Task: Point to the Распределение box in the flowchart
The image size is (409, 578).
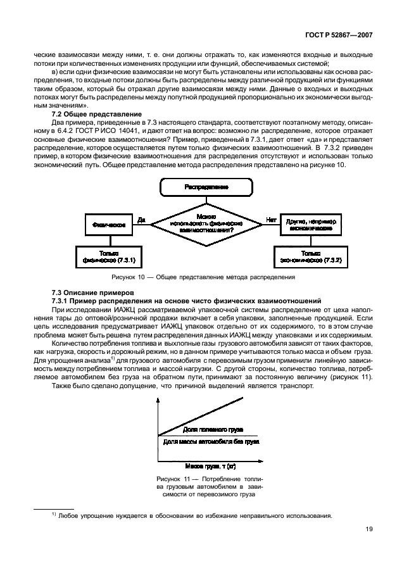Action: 206,187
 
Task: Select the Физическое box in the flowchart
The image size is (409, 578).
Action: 108,223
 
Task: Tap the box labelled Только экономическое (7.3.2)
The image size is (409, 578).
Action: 310,256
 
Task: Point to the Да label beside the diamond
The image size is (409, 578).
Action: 142,220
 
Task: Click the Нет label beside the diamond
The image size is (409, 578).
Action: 272,220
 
